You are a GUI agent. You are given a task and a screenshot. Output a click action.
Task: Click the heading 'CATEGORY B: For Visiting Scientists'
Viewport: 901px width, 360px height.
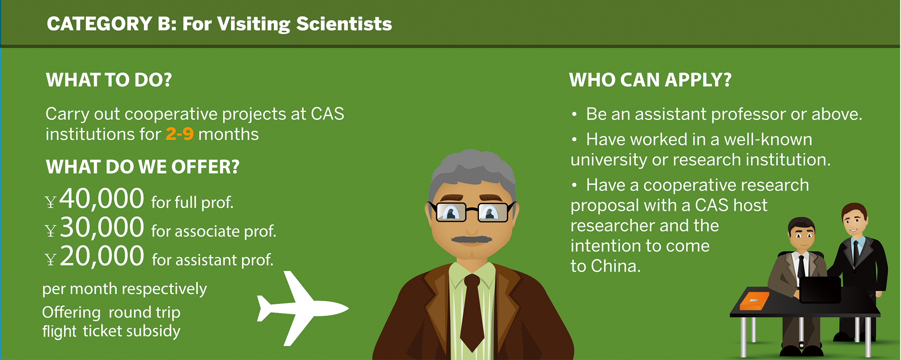219,24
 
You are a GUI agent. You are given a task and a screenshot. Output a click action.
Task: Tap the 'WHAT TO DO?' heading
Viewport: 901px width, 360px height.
109,80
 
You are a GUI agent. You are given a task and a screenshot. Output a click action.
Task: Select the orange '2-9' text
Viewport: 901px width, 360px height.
179,134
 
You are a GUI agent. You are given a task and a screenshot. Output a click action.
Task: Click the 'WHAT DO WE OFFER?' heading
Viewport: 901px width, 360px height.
142,167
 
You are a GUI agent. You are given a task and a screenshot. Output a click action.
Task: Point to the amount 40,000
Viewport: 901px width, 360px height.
102,198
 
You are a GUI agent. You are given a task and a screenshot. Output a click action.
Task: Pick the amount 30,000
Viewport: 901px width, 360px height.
102,227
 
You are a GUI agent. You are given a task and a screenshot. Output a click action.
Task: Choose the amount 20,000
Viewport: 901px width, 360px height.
102,256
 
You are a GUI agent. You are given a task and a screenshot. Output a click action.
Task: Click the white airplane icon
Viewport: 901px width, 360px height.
302,308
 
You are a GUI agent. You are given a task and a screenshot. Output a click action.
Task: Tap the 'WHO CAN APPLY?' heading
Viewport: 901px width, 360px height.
650,80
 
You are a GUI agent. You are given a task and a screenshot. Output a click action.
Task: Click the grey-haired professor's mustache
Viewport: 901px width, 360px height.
471,239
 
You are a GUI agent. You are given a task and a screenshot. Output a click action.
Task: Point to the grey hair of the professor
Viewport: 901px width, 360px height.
472,171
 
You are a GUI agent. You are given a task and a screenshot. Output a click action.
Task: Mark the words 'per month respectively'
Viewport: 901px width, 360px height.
125,289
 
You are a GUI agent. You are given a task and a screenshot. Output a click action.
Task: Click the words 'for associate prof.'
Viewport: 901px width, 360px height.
213,231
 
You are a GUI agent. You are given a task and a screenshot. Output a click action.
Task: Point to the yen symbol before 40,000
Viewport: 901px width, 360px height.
50,202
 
